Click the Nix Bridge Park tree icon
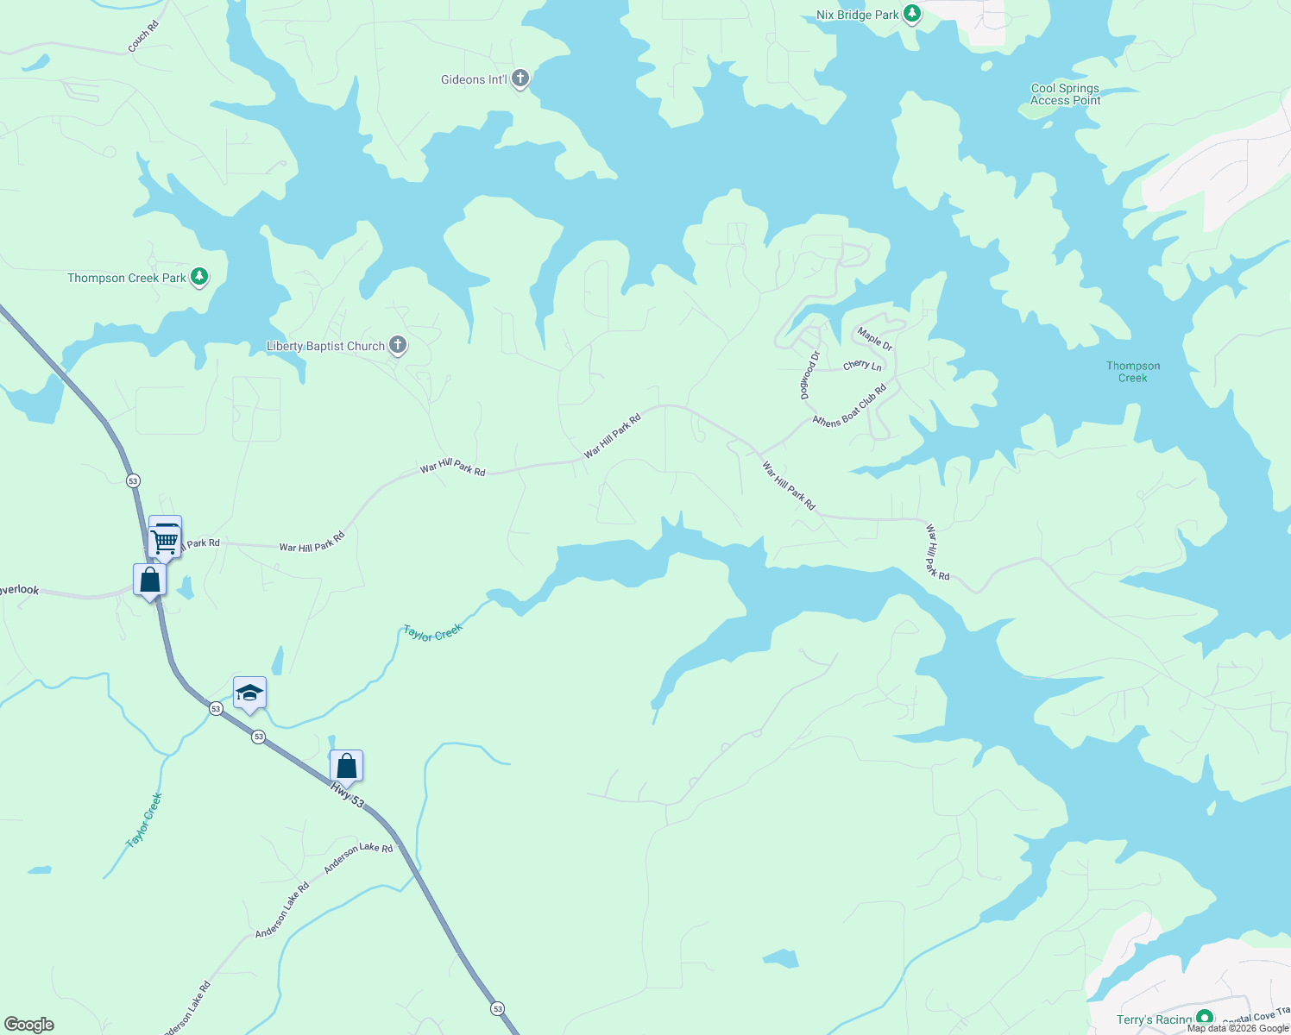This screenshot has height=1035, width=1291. pos(912,14)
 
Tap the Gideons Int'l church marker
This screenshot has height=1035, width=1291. pos(520,79)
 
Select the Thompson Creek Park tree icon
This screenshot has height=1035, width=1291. pos(199,277)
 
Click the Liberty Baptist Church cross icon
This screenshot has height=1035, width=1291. pos(397,346)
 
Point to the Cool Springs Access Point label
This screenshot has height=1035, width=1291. pos(1065,94)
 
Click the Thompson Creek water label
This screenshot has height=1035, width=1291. pos(1132,372)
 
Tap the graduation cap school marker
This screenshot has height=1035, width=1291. pos(249,693)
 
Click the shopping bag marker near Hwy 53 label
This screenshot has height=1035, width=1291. pos(346,766)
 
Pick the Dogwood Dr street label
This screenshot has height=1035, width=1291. pos(809,374)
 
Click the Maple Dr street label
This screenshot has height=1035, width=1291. pos(874,338)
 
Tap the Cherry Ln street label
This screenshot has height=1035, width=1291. pos(862,366)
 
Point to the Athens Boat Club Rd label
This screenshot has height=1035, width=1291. pos(850,405)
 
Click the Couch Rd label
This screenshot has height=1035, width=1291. pos(143,37)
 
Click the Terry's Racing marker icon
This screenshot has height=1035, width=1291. pos(1205,1019)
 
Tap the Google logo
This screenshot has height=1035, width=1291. pos(29,1025)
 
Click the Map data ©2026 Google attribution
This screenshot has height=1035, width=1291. pos(1237,1028)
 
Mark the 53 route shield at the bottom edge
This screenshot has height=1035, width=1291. pos(497,1007)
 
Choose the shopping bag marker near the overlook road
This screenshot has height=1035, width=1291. pos(149,580)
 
